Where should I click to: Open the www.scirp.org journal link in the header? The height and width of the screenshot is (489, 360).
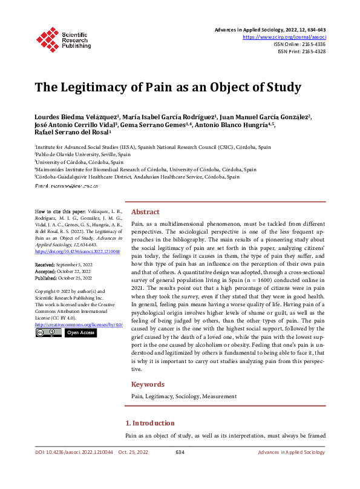[284, 37]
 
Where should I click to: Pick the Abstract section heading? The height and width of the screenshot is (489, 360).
[145, 212]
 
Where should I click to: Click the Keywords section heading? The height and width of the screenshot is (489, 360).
[148, 384]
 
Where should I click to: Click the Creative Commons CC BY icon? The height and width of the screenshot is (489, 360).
[48, 333]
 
